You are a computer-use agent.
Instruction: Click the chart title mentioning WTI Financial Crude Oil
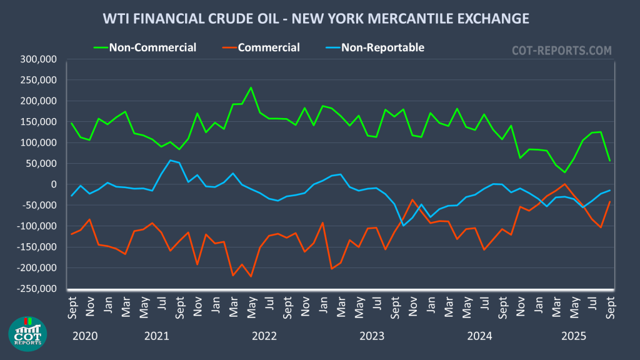(x=316, y=19)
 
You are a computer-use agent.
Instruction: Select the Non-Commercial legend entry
(x=152, y=47)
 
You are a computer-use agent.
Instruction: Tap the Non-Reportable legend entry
(x=382, y=47)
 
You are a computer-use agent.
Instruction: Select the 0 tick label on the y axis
(x=54, y=184)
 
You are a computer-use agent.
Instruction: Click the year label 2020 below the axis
(x=86, y=336)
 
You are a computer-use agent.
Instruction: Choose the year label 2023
(x=372, y=336)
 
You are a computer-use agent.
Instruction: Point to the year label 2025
(x=574, y=336)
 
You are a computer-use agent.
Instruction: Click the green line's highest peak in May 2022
(x=251, y=87)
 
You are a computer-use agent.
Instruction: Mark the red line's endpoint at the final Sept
(x=609, y=201)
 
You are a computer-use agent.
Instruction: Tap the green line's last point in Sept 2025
(x=609, y=161)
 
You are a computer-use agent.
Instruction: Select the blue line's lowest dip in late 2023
(x=403, y=226)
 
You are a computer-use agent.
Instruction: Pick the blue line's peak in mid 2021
(x=170, y=160)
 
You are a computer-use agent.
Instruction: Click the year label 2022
(x=264, y=336)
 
